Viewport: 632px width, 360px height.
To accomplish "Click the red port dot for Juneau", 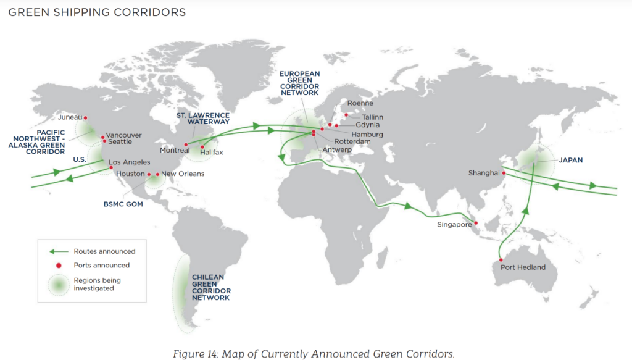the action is (x=85, y=117).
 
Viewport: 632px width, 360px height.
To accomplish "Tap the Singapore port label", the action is (x=455, y=224).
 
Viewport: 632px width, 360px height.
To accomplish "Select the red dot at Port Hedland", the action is (x=501, y=260).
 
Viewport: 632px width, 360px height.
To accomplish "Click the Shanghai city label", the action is (x=484, y=173).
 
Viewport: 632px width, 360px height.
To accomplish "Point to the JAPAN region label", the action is (x=571, y=160).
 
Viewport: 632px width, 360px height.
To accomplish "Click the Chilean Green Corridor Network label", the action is (x=211, y=287).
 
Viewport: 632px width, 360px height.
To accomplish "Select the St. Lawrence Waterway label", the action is (x=203, y=119).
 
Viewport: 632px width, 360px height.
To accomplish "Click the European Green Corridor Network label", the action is (x=299, y=83).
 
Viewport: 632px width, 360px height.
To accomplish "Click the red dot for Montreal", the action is (x=186, y=145).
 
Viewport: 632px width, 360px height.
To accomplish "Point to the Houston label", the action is (x=130, y=174).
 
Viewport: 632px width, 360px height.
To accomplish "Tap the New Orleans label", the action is (x=182, y=174).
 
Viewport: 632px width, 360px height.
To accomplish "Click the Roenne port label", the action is (x=360, y=103).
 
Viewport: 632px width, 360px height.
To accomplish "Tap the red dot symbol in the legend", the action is (x=58, y=266).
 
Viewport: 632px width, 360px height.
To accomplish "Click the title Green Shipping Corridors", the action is (x=97, y=12).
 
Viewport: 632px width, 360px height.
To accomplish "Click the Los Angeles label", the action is (x=129, y=162).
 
